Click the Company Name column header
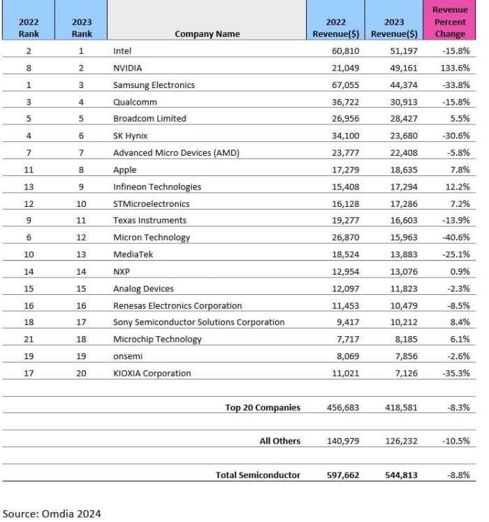[x=207, y=34]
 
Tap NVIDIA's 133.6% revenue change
[x=454, y=68]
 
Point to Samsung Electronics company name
[x=154, y=85]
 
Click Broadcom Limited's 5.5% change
[x=458, y=118]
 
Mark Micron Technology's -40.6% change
[x=454, y=237]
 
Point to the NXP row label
[x=122, y=271]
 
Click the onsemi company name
[x=128, y=356]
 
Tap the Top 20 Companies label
[x=263, y=407]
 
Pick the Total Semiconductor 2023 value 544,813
[x=398, y=474]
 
